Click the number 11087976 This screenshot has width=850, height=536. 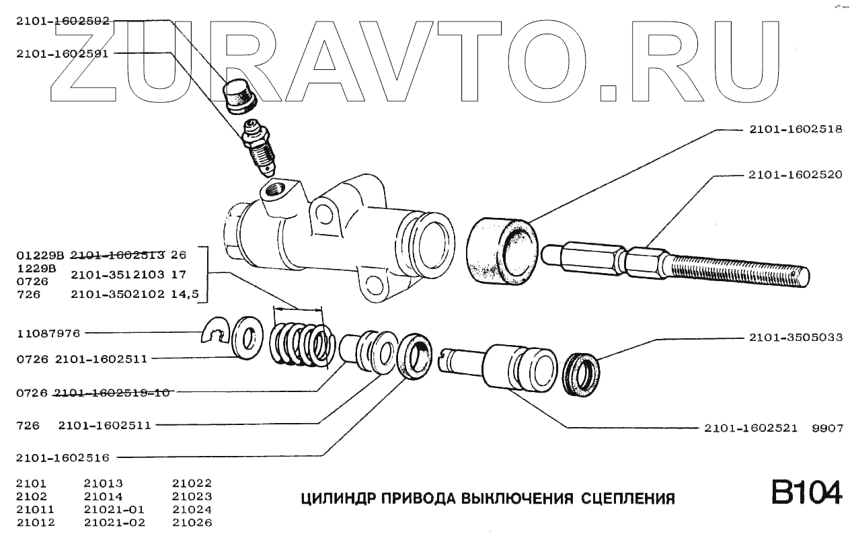[48, 332]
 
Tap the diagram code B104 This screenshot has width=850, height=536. [806, 492]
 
